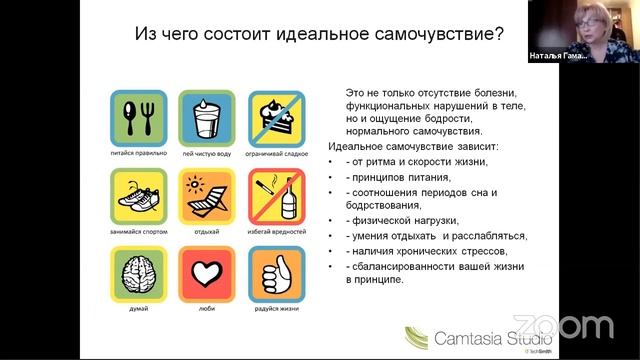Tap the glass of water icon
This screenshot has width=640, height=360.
(x=206, y=117)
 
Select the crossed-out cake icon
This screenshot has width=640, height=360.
(x=274, y=117)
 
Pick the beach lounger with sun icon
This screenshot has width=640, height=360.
(x=206, y=195)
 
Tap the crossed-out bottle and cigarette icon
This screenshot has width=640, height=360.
(x=274, y=195)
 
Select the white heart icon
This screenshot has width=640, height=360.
(x=206, y=273)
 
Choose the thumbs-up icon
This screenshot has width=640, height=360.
(x=274, y=273)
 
